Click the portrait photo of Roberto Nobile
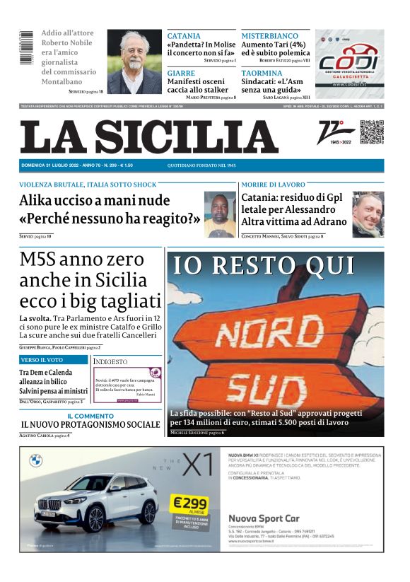pyautogui.click(x=134, y=62)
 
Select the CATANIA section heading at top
pyautogui.click(x=184, y=36)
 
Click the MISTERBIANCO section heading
pyautogui.click(x=269, y=36)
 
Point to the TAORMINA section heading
pyautogui.click(x=262, y=73)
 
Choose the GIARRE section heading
pyautogui.click(x=181, y=73)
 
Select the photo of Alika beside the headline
pyautogui.click(x=220, y=214)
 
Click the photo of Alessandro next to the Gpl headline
pyautogui.click(x=368, y=214)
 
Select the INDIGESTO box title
pyautogui.click(x=111, y=361)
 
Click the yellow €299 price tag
pyautogui.click(x=189, y=503)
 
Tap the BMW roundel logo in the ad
pyautogui.click(x=35, y=460)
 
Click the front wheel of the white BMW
pyautogui.click(x=96, y=518)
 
